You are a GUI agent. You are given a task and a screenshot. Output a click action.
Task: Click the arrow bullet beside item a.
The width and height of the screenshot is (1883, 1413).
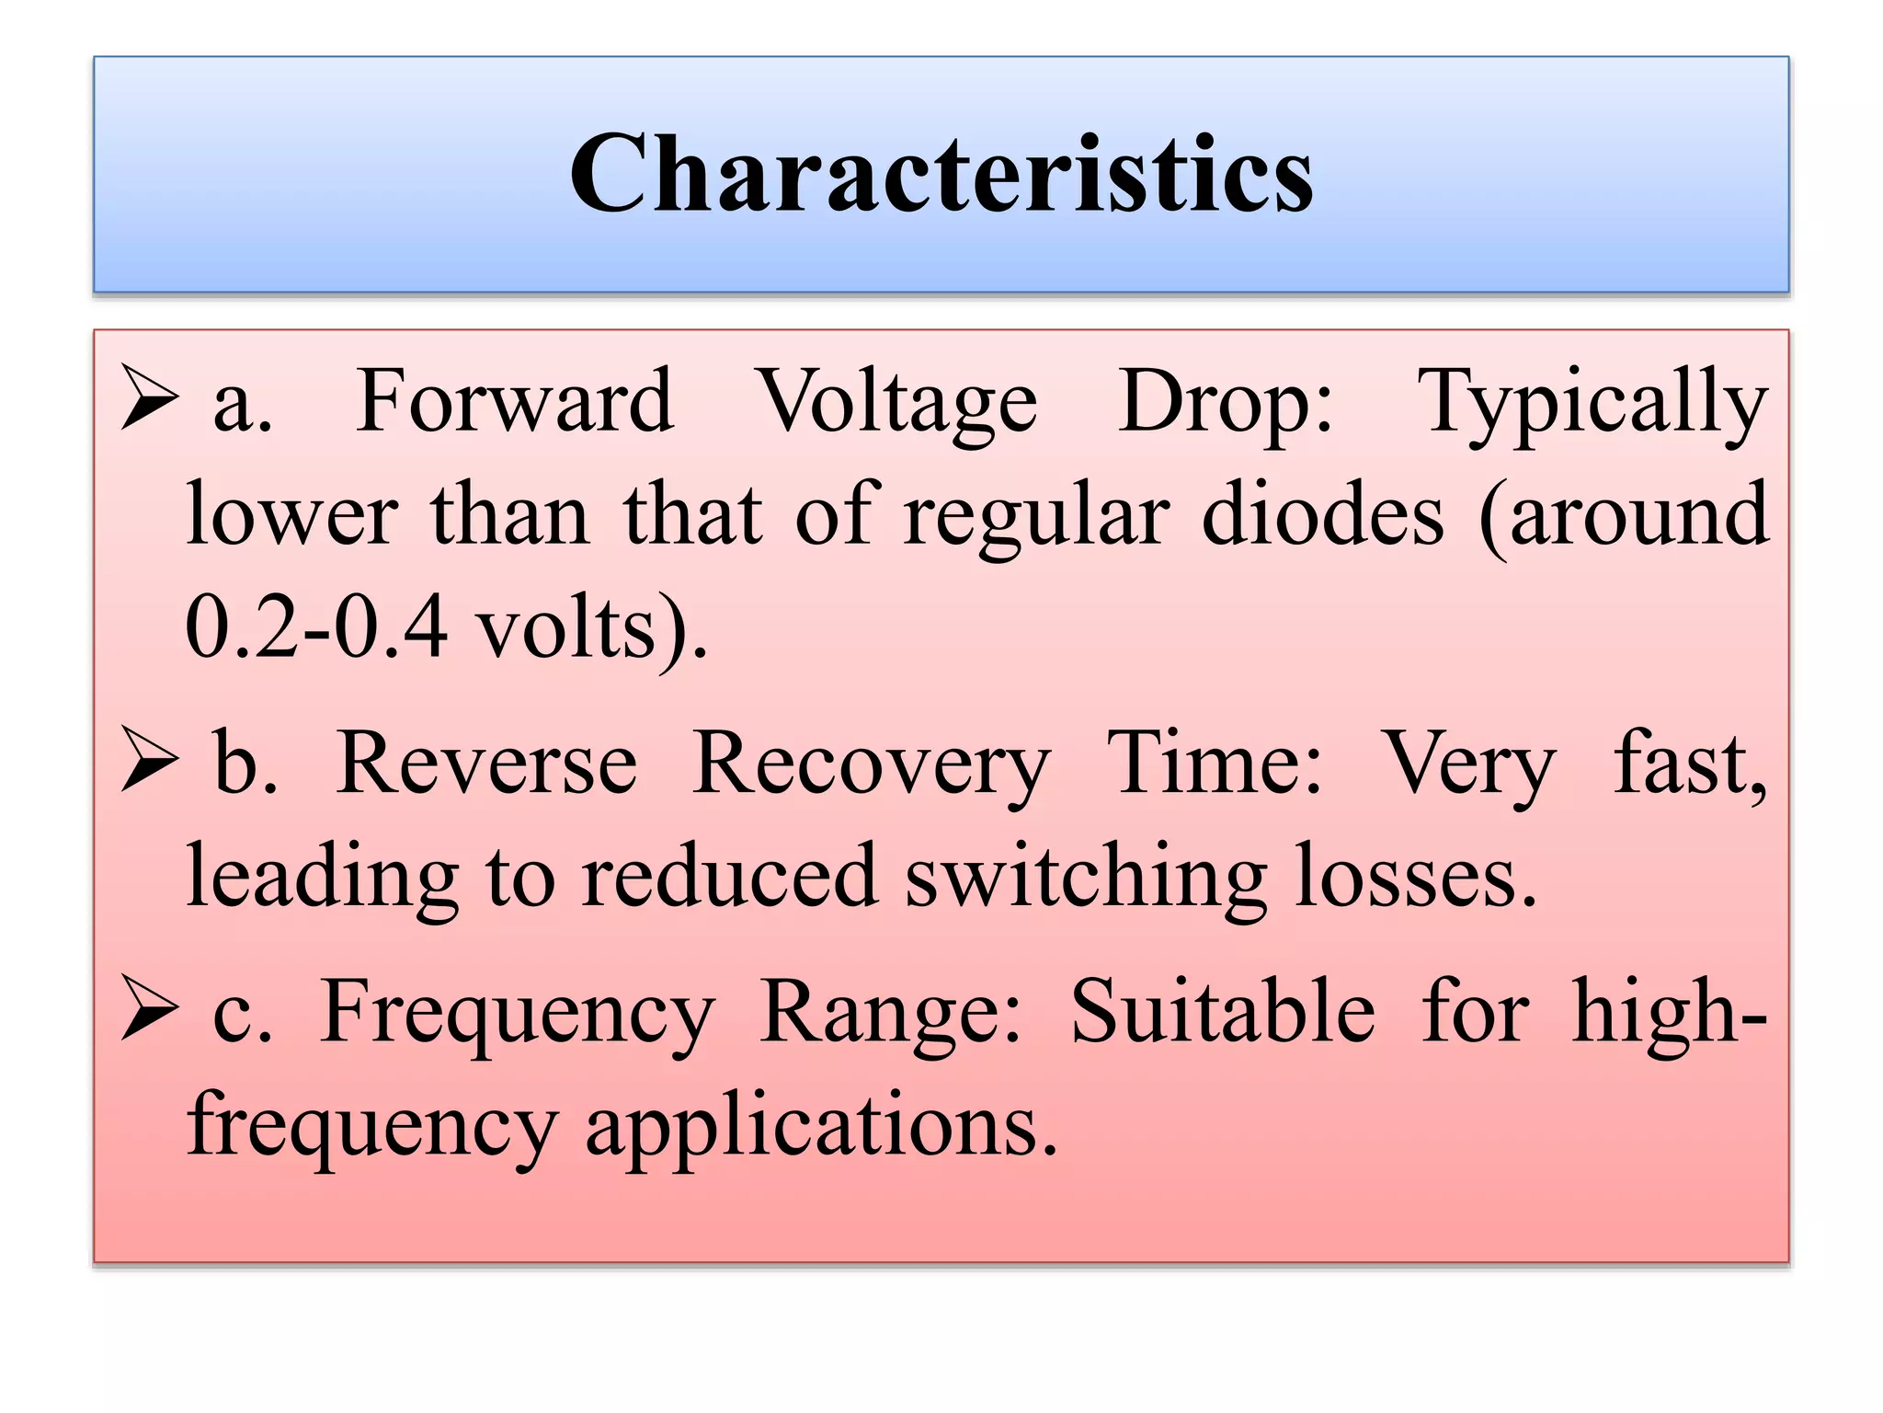click(x=149, y=397)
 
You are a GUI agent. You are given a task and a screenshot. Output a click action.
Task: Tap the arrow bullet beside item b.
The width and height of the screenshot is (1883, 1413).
click(x=149, y=760)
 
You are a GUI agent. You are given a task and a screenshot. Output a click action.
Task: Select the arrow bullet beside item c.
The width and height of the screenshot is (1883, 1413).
click(x=149, y=1008)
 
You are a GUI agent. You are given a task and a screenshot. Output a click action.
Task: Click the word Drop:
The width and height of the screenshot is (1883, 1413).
click(x=1226, y=403)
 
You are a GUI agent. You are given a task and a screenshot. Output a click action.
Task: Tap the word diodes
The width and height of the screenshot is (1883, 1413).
click(x=1323, y=515)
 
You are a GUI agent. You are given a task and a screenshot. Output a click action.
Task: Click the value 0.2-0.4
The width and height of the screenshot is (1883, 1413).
click(x=316, y=628)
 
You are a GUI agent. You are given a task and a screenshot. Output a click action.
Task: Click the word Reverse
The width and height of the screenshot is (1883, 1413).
click(x=486, y=764)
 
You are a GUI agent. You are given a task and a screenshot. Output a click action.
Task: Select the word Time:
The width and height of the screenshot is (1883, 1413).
click(x=1215, y=764)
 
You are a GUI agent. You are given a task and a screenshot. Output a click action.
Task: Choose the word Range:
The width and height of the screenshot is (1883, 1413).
click(x=891, y=1014)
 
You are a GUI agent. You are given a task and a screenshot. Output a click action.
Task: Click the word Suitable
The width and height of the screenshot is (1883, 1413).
click(x=1223, y=1012)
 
